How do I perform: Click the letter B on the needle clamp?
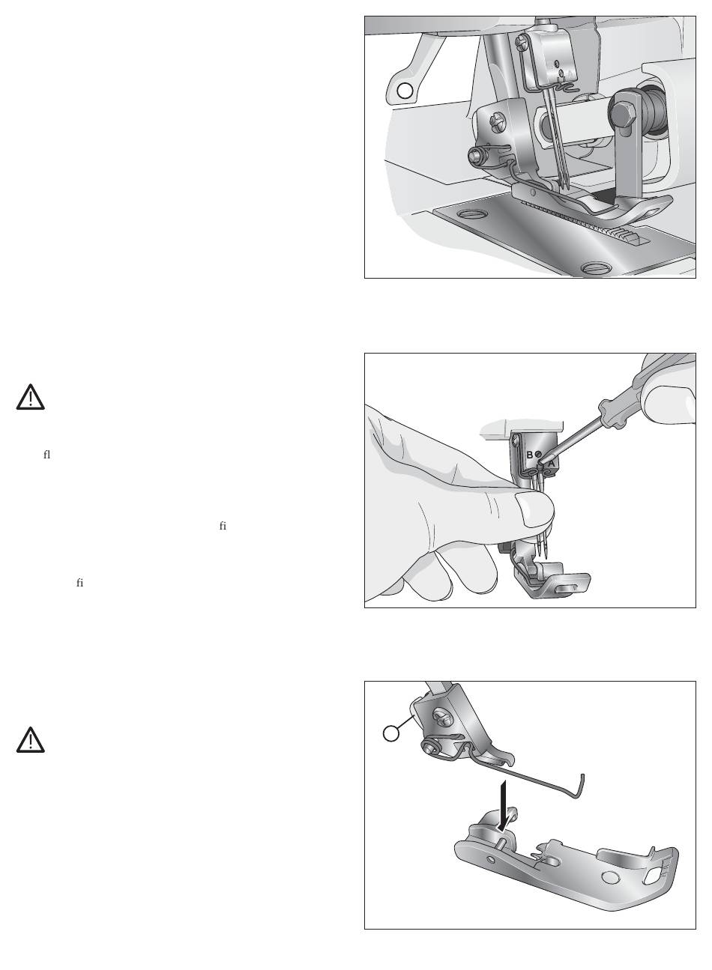(529, 455)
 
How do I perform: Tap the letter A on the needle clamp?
(551, 464)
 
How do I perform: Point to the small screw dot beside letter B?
(538, 454)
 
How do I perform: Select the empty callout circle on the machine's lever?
(405, 91)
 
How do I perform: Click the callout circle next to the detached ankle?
(391, 733)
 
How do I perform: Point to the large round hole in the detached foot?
(609, 878)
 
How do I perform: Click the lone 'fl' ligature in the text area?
(46, 455)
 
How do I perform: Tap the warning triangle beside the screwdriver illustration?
(30, 397)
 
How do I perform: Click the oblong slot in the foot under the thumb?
(570, 587)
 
